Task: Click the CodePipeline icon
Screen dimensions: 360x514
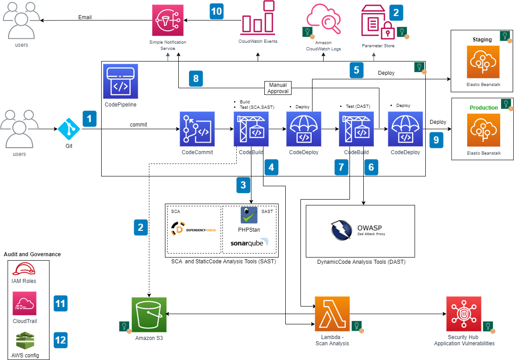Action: [120, 81]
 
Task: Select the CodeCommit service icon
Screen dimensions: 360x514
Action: [197, 129]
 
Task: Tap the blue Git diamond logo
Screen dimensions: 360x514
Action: [69, 129]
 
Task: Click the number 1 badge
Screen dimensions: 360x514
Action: [89, 119]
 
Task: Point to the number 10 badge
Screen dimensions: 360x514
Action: [217, 11]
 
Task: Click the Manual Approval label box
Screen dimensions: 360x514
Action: [278, 88]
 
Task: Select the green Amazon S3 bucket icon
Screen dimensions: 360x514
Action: [149, 315]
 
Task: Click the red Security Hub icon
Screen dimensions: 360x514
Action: [464, 314]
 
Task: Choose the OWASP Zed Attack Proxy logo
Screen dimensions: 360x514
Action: [360, 230]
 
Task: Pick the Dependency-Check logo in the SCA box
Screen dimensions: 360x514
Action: [193, 229]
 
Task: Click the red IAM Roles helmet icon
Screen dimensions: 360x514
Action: [24, 269]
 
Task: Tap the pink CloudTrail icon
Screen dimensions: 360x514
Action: [25, 303]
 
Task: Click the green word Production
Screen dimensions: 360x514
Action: [484, 108]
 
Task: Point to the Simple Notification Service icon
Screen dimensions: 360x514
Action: [168, 20]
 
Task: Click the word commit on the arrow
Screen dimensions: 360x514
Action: [139, 125]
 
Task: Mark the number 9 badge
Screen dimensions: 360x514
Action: [436, 140]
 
